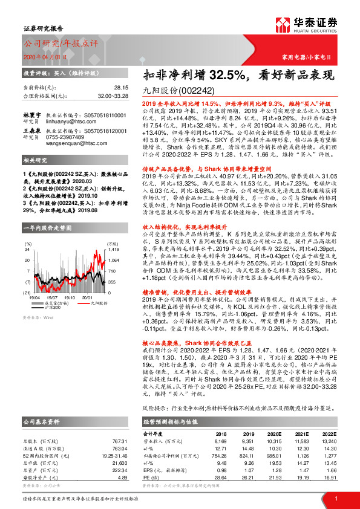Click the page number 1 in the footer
point(336,499)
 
